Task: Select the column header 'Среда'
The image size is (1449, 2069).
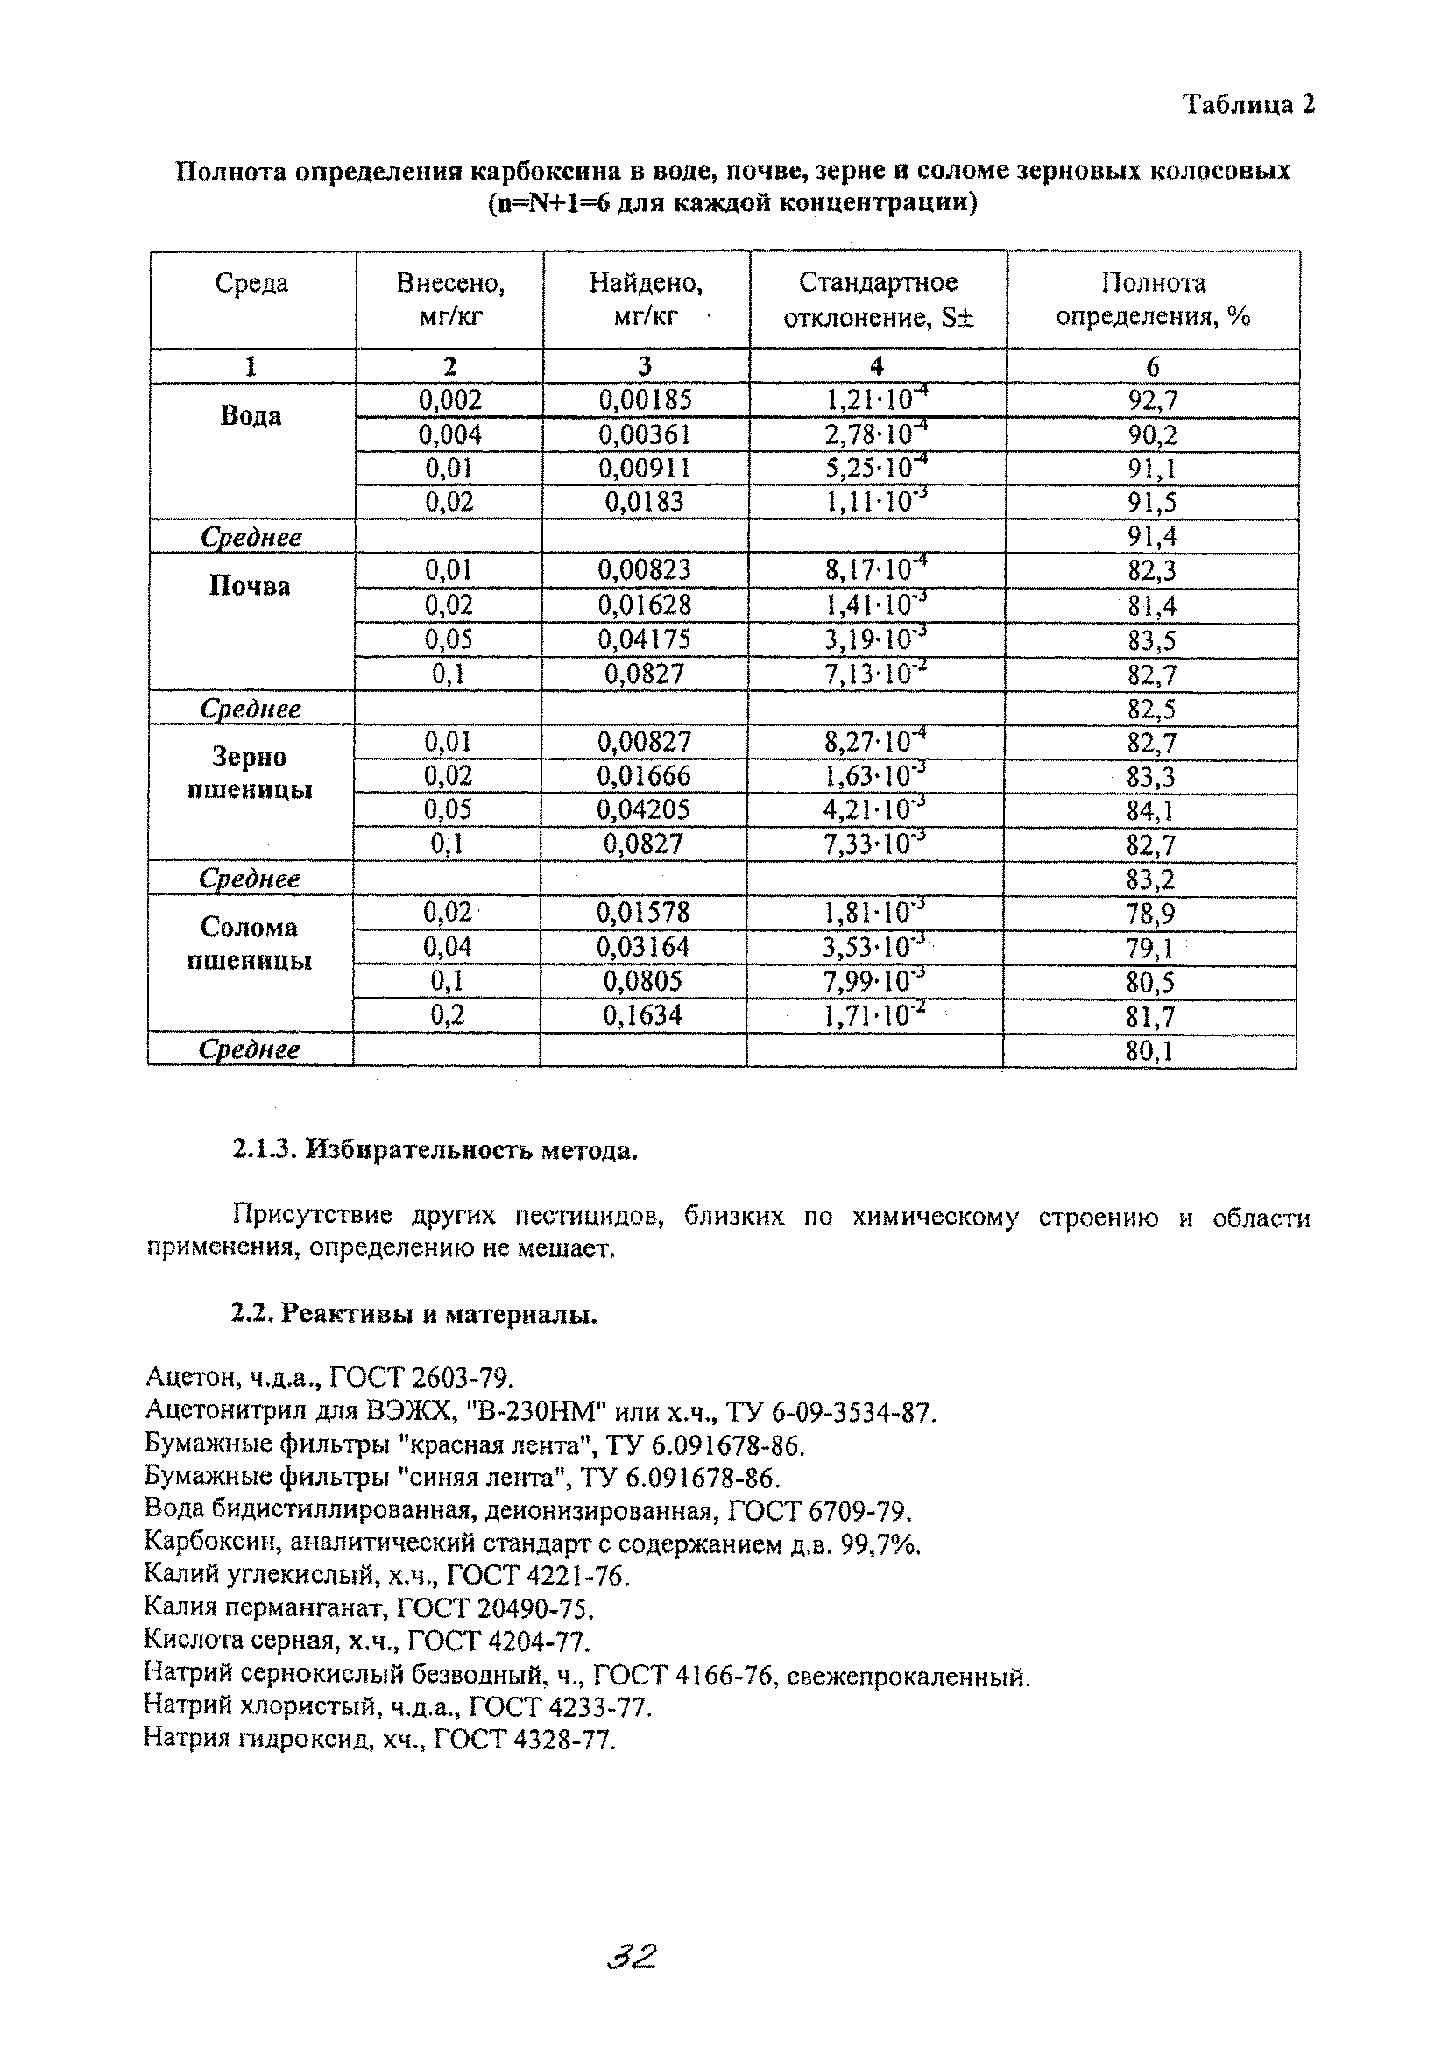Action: [x=251, y=283]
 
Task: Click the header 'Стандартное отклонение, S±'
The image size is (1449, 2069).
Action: [x=878, y=300]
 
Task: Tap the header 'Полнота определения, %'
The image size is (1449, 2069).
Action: [x=1153, y=300]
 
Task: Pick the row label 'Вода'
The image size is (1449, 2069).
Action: [x=251, y=416]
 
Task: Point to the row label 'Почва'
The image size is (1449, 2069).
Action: [x=250, y=587]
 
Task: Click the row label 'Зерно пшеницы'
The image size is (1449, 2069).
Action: [x=250, y=773]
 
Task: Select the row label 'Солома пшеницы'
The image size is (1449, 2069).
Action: [x=250, y=943]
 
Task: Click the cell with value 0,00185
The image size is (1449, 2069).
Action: [x=645, y=400]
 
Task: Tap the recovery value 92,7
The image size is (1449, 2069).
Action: [x=1153, y=400]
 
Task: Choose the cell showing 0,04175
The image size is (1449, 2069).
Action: [x=644, y=639]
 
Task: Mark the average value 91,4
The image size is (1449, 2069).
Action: [x=1153, y=537]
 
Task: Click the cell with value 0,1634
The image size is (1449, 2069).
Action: [x=643, y=1015]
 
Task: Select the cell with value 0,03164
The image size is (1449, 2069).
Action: [x=643, y=947]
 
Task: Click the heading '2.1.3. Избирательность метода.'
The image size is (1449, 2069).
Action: [x=435, y=1151]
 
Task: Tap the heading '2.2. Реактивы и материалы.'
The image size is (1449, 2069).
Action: [x=414, y=1315]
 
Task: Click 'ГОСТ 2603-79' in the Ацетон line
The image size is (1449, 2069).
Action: [x=421, y=1378]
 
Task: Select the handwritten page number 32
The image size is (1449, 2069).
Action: [x=632, y=1957]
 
